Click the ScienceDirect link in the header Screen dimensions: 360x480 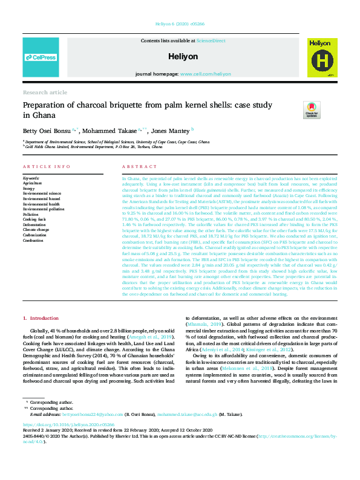tap(211, 41)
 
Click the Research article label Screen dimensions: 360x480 tap(45, 92)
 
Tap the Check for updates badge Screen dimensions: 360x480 tap(329, 110)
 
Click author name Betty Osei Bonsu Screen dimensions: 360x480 tap(46, 129)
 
